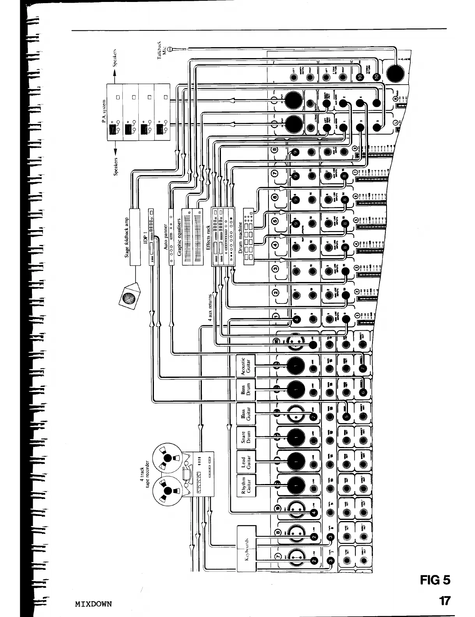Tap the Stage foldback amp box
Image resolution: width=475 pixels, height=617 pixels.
[x=134, y=236]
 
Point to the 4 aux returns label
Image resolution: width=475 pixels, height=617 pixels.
[x=211, y=309]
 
